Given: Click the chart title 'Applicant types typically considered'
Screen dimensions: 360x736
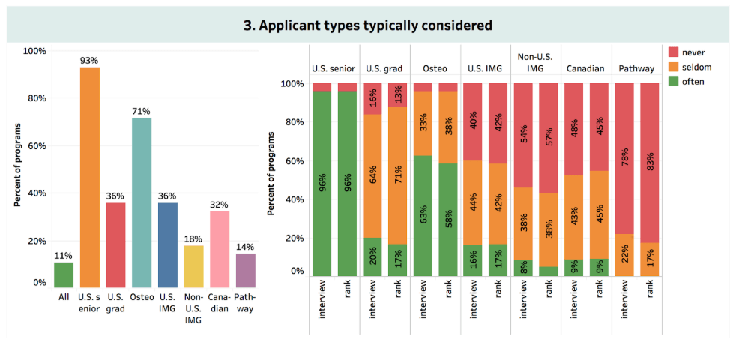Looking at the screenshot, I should coord(367,25).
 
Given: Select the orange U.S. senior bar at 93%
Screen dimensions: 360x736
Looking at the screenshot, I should coord(89,177).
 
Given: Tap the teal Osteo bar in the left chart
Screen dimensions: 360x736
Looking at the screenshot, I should coord(140,202).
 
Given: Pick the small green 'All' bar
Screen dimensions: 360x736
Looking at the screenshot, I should coord(64,274).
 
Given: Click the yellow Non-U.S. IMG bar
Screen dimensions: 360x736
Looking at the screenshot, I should coord(193,266).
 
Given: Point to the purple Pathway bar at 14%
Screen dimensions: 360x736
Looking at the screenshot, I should coord(246,270).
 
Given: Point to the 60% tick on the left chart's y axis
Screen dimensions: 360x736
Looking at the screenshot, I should coord(34,145).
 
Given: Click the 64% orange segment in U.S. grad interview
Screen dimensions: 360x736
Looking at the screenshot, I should coord(372,176).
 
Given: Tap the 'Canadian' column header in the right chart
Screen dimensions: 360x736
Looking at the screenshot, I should coord(585,68).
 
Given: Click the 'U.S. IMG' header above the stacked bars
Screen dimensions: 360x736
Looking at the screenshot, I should coord(484,68).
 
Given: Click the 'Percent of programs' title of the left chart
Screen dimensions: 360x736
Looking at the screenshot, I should coord(16,165).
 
